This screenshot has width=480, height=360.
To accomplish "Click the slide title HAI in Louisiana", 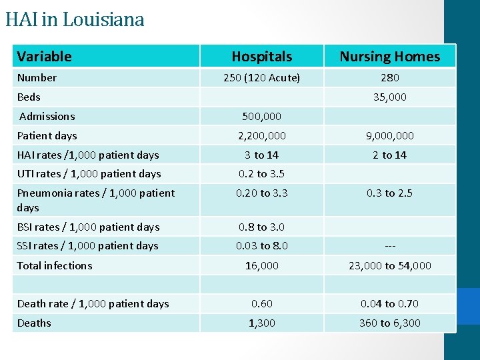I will pos(75,19).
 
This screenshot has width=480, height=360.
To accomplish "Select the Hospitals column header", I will pos(261,57).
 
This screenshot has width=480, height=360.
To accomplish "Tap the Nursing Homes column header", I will pos(390,57).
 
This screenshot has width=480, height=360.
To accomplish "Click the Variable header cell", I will pos(44,57).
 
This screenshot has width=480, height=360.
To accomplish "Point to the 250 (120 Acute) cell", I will pos(261,77).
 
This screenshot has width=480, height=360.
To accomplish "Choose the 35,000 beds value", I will pos(390,97).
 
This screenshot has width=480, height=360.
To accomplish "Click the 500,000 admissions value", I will pos(261,116).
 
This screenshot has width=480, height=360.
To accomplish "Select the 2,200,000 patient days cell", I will pos(261,135).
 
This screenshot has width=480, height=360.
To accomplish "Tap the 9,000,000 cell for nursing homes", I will pos(390,135).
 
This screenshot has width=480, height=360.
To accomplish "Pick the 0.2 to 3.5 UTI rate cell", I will pos(261,173).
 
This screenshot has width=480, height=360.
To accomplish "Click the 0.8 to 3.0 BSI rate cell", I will pos(261,227).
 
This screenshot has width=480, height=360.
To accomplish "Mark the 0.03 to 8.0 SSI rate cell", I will pos(261,245).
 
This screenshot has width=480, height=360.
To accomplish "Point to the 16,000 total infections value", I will pos(261,265).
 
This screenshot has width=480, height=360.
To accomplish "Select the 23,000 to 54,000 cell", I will pos(390,265).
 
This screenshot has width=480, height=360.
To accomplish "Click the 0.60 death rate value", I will pos(261,303).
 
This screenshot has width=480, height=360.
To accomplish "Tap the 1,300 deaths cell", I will pos(261,323).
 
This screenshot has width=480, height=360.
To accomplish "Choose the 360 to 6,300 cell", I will pos(390,323).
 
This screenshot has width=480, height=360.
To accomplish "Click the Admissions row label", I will pos(47,116).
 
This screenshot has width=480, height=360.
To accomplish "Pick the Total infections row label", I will pos(55,265).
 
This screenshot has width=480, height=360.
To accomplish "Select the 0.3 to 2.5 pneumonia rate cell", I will pos(390,193).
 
